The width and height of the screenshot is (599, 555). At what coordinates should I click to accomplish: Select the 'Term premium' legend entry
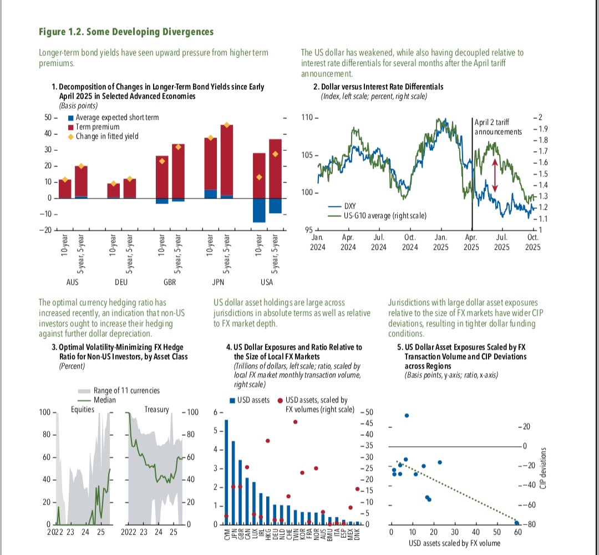[x=97, y=127]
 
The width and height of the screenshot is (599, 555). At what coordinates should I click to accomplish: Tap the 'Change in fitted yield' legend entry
[x=107, y=136]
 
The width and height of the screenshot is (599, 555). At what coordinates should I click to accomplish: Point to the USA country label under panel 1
[x=267, y=281]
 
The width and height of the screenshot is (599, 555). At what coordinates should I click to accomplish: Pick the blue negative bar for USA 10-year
[x=259, y=210]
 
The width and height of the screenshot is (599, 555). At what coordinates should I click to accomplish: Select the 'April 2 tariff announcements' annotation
[x=498, y=127]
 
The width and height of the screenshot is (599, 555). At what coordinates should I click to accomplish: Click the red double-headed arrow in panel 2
[x=494, y=175]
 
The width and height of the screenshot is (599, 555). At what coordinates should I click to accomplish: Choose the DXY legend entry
[x=350, y=206]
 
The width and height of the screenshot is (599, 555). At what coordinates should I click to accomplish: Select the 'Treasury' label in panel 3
[x=156, y=410]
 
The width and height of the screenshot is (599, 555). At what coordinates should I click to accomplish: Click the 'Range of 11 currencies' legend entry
[x=126, y=390]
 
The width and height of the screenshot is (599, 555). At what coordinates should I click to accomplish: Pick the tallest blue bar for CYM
[x=226, y=472]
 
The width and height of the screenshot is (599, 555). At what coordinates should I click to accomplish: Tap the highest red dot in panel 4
[x=295, y=422]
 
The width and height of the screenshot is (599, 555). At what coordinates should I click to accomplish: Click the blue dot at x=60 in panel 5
[x=517, y=523]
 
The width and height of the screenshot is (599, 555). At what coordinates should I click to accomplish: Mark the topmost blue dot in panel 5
[x=407, y=416]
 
